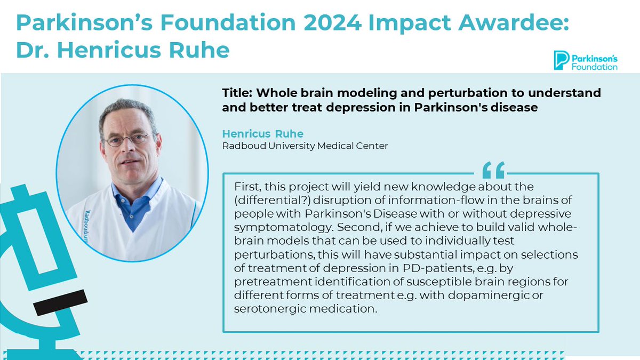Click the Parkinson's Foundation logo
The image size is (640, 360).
(586, 60)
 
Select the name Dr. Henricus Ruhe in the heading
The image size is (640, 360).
(123, 51)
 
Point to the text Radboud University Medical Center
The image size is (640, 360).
(305, 146)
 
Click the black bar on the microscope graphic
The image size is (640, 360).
(60, 301)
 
